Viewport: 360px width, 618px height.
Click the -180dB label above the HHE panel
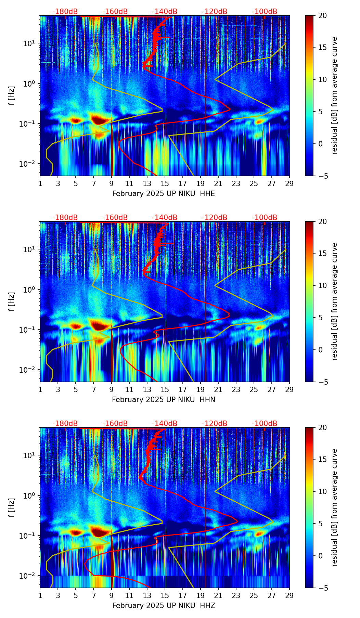pos(65,12)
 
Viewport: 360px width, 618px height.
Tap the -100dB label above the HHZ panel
pos(265,424)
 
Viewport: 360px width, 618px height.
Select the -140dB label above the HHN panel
pos(165,218)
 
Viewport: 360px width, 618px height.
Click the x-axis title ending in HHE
pos(164,194)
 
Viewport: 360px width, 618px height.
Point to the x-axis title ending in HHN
pos(164,400)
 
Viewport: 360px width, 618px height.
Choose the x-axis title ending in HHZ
pos(164,606)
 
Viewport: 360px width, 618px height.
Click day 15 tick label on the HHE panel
pos(165,183)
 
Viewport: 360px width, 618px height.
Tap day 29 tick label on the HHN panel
pos(290,389)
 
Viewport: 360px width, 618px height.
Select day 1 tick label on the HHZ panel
pos(40,595)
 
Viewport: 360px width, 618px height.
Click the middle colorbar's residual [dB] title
pos(335,301)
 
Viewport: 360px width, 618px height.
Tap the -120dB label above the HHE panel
pos(215,12)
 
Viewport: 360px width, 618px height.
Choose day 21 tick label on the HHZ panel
pos(218,595)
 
